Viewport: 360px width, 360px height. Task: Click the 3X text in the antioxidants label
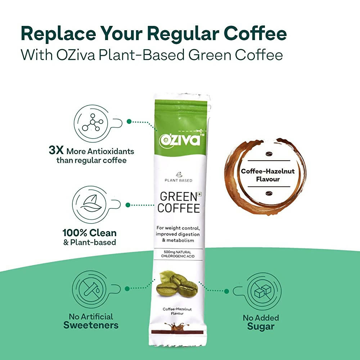pos(57,150)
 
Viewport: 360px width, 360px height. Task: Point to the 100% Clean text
pos(90,233)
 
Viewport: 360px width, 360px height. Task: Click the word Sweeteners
pos(91,325)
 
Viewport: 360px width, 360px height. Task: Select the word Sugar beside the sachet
pos(261,327)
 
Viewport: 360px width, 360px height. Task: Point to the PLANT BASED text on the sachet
pos(179,180)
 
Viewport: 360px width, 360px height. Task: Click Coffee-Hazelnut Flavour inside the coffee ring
pos(267,175)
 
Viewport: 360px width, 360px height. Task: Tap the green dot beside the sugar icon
pos(226,291)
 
